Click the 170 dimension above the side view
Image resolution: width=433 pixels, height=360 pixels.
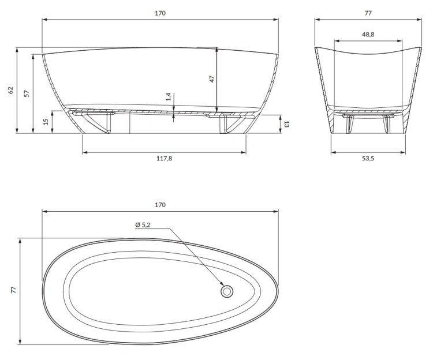tap(160, 13)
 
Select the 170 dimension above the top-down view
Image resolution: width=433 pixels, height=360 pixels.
tap(160, 205)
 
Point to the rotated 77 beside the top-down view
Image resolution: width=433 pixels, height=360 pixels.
tap(12, 290)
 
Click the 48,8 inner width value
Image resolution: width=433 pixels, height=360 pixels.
tap(368, 35)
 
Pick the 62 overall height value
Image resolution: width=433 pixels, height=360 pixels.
tap(10, 90)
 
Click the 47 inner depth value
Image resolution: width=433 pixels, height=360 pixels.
tap(211, 80)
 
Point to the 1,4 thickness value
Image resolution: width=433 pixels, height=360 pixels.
tap(168, 97)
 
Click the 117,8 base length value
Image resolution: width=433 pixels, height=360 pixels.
tap(165, 159)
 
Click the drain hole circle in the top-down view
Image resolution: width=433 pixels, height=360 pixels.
tap(227, 292)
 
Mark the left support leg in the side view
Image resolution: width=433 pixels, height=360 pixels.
tap(95, 122)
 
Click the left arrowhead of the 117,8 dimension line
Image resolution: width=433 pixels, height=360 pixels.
tap(85, 152)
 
